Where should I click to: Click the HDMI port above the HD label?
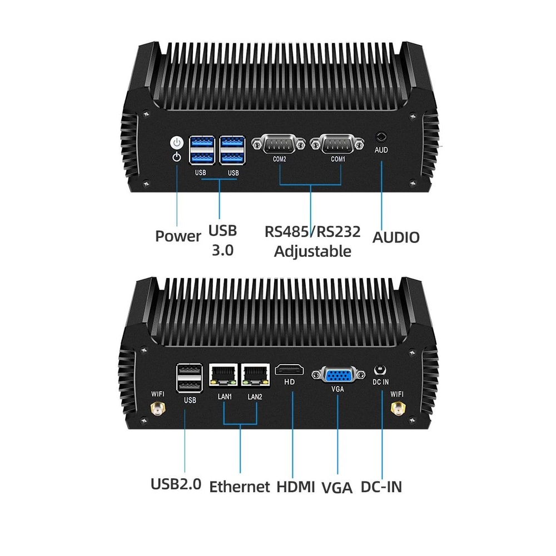pyautogui.click(x=290, y=370)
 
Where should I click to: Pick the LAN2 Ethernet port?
pyautogui.click(x=255, y=375)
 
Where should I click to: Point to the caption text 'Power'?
pyautogui.click(x=178, y=236)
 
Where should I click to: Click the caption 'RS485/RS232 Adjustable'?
pyautogui.click(x=312, y=241)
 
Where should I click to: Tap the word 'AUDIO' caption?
pyautogui.click(x=396, y=237)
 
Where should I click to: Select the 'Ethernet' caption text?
pyautogui.click(x=240, y=487)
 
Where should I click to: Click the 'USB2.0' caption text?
pyautogui.click(x=176, y=484)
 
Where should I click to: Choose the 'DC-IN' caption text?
pyautogui.click(x=381, y=487)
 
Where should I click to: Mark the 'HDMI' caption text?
pyautogui.click(x=296, y=487)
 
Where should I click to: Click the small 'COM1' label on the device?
pyautogui.click(x=338, y=159)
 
